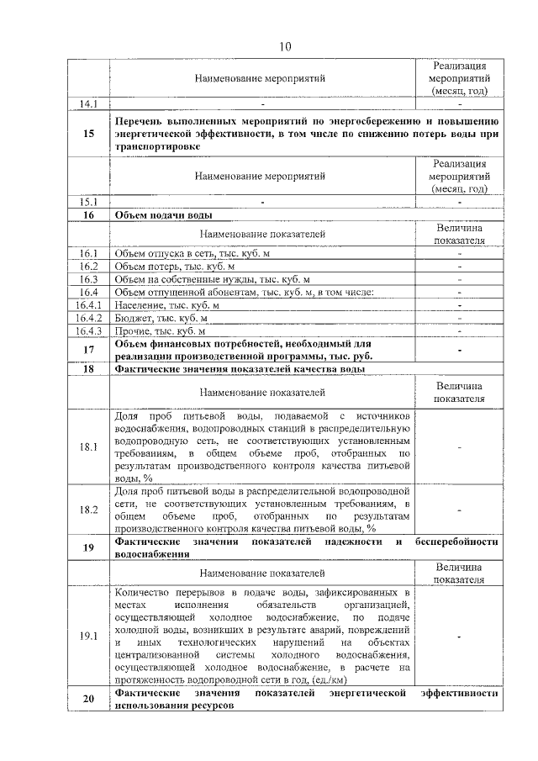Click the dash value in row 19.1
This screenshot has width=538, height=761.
(x=460, y=636)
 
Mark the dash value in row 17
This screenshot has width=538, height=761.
(x=460, y=350)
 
